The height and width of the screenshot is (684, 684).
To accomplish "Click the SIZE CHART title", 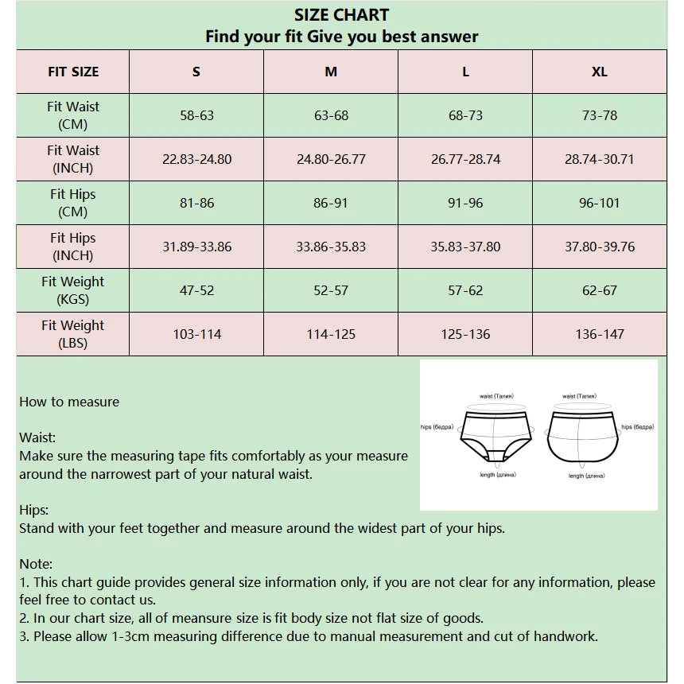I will pyautogui.click(x=341, y=15).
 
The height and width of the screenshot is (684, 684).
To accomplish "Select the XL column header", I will pyautogui.click(x=600, y=72).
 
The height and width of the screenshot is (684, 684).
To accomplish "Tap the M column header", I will pyautogui.click(x=331, y=72).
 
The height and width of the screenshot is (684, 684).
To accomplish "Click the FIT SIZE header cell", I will pyautogui.click(x=73, y=72).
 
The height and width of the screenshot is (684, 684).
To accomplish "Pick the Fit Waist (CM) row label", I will pyautogui.click(x=73, y=115).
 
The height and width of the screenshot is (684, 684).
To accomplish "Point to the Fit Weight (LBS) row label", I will pyautogui.click(x=73, y=334).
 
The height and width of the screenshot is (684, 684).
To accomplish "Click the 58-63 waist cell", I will pyautogui.click(x=196, y=115).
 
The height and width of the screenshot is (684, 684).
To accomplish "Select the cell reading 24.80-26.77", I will pyautogui.click(x=331, y=159).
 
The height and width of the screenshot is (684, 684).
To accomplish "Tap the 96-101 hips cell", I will pyautogui.click(x=600, y=203).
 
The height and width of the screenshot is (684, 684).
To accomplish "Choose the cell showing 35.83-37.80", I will pyautogui.click(x=465, y=247).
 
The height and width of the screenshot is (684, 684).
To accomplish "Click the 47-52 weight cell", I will pyautogui.click(x=196, y=290).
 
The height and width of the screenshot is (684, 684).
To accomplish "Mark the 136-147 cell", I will pyautogui.click(x=600, y=334).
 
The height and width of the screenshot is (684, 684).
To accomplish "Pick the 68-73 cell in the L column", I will pyautogui.click(x=465, y=115).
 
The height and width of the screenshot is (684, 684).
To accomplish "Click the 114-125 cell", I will pyautogui.click(x=331, y=334).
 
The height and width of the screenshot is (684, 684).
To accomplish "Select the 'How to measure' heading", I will pyautogui.click(x=69, y=402).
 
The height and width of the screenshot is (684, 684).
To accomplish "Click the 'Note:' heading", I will pyautogui.click(x=36, y=564).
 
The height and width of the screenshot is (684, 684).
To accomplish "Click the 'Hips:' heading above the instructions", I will pyautogui.click(x=33, y=510).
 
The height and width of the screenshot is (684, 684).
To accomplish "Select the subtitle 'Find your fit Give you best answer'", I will pyautogui.click(x=341, y=37).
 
